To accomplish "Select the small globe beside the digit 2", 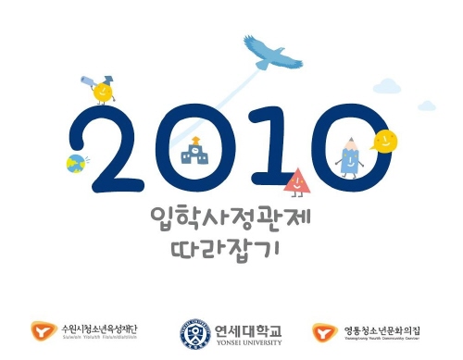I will pos(75,164).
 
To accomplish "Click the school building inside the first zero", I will pos(196,151).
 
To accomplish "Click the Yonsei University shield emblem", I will pos(194,331).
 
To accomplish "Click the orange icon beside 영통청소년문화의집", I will pos(324,330).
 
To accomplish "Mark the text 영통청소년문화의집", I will pos(382,328).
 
